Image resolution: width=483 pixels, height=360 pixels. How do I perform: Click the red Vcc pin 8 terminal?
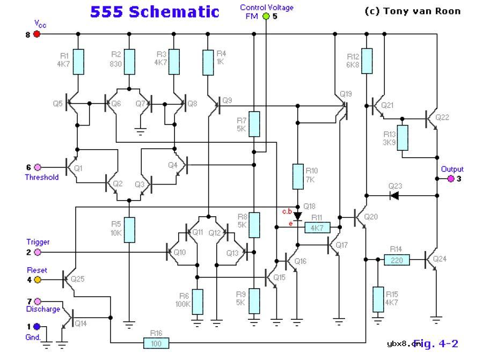click(x=37, y=34)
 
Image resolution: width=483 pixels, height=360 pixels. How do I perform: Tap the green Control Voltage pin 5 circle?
click(x=266, y=17)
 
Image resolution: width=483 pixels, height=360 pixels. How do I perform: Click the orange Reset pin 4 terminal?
click(x=37, y=279)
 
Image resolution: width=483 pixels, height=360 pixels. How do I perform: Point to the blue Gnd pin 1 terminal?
click(x=36, y=326)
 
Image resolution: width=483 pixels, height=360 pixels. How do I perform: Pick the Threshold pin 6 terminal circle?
click(x=37, y=167)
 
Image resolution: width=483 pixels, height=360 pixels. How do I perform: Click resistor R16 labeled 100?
click(x=156, y=343)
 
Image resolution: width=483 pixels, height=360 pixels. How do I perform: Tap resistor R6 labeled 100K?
click(x=197, y=302)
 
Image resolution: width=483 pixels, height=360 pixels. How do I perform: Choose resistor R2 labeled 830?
click(x=129, y=62)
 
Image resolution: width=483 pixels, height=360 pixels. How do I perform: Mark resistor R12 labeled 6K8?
click(x=367, y=61)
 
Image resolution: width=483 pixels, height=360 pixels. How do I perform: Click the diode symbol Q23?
click(x=394, y=195)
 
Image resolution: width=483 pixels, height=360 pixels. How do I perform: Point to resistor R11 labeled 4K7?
click(x=317, y=228)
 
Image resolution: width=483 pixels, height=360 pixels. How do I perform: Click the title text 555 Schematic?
click(x=155, y=12)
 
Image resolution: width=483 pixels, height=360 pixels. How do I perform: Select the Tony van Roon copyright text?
click(x=412, y=11)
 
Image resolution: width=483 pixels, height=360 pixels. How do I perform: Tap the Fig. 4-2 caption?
click(x=436, y=343)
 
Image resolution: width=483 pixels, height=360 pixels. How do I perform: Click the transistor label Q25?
click(x=77, y=279)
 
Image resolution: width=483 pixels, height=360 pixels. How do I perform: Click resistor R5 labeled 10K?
click(x=129, y=230)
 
